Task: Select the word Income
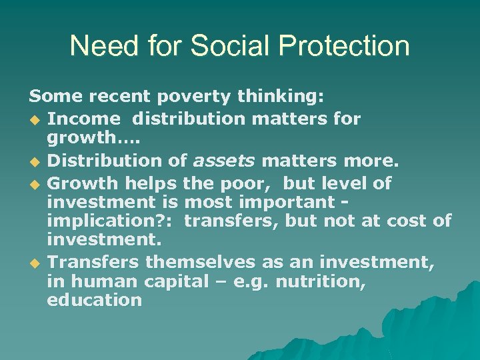[83, 119]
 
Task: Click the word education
[94, 300]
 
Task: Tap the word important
[291, 201]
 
